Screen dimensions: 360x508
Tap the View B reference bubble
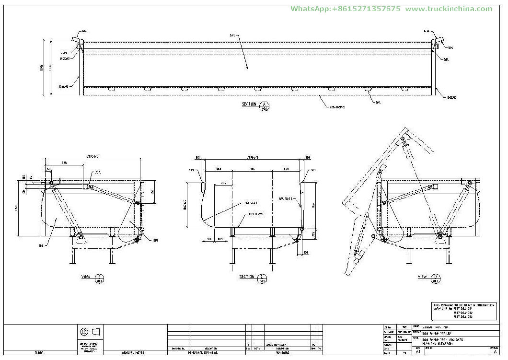coord(100,279)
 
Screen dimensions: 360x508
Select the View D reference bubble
coord(435,279)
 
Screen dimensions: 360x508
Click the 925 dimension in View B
coord(64,163)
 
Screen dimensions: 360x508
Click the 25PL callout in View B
coord(98,172)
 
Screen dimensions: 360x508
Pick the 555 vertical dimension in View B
coord(152,192)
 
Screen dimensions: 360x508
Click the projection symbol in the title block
coord(90,332)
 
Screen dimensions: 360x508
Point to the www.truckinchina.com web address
coord(449,9)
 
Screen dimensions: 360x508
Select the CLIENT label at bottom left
coord(39,352)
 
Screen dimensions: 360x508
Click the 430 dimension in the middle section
coord(223,183)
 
